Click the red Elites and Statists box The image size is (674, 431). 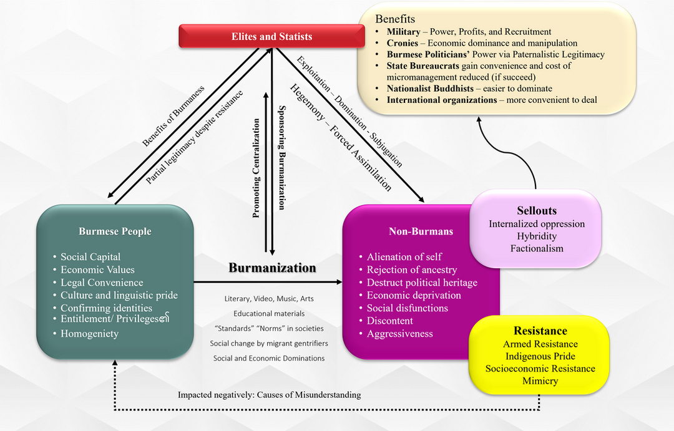click(271, 37)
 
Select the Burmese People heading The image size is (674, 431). click(115, 231)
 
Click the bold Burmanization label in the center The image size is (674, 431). click(272, 268)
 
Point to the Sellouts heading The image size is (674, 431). click(537, 210)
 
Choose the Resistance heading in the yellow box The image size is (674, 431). click(540, 331)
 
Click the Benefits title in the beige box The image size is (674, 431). click(395, 19)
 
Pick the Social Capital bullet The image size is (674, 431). click(90, 257)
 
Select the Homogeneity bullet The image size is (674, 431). click(89, 334)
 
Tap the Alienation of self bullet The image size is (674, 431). click(404, 257)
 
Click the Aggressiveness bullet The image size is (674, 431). click(399, 334)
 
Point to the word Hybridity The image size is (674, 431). click(537, 236)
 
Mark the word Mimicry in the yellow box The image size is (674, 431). click(540, 380)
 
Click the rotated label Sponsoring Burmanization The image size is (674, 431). click(281, 156)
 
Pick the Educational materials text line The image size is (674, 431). click(269, 313)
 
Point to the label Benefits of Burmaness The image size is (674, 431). click(175, 116)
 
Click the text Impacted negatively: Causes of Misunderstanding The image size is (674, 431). click(269, 395)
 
